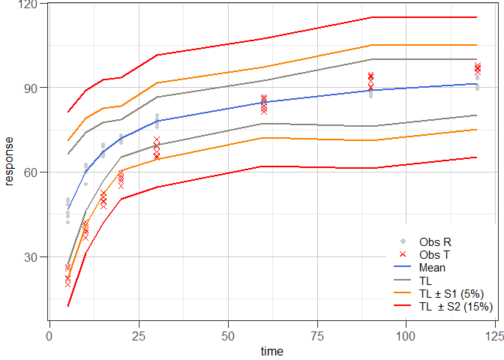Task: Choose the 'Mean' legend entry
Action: [432, 267]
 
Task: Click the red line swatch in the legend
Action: [403, 305]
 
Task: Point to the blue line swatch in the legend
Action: [403, 267]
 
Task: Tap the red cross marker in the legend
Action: [403, 254]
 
